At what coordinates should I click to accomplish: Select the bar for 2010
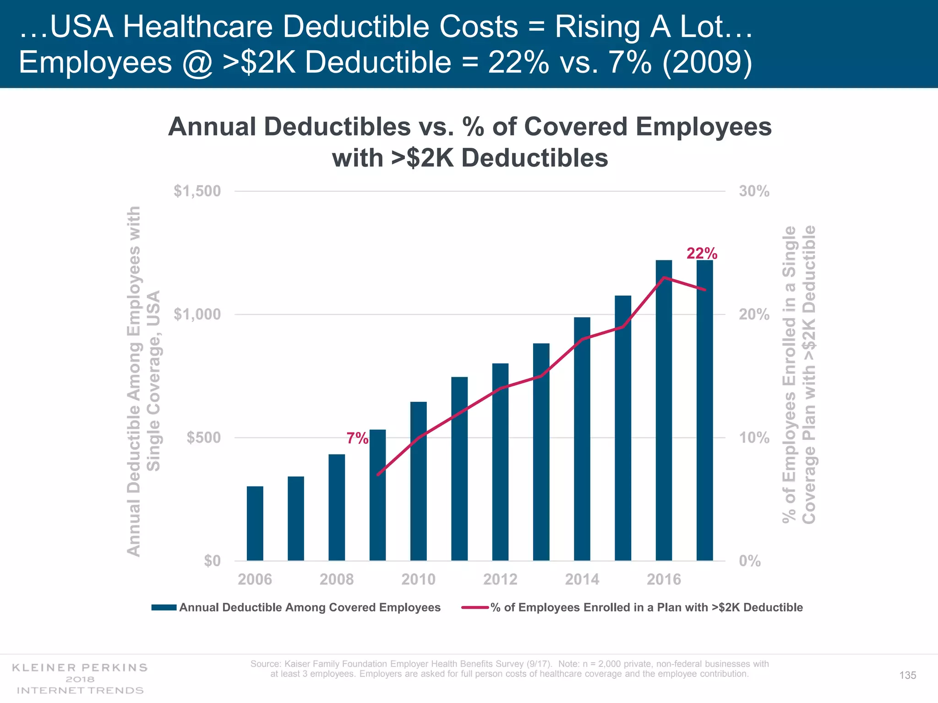click(x=418, y=481)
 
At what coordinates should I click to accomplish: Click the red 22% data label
click(x=702, y=253)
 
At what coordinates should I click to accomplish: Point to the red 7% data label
click(x=357, y=438)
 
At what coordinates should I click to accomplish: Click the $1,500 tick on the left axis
click(x=197, y=191)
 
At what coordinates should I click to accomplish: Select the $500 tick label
click(x=204, y=438)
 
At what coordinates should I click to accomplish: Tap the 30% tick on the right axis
click(x=754, y=191)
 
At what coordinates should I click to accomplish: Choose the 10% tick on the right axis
click(x=754, y=438)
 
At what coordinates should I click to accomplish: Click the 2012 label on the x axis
click(x=500, y=579)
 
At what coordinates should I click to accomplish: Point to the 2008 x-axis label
click(x=337, y=579)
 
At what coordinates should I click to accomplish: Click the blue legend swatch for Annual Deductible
click(x=164, y=607)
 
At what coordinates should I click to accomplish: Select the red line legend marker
click(x=475, y=607)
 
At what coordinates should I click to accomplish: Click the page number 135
click(x=907, y=676)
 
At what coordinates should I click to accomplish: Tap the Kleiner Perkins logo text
click(x=80, y=668)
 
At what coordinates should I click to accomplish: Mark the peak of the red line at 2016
click(x=664, y=277)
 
